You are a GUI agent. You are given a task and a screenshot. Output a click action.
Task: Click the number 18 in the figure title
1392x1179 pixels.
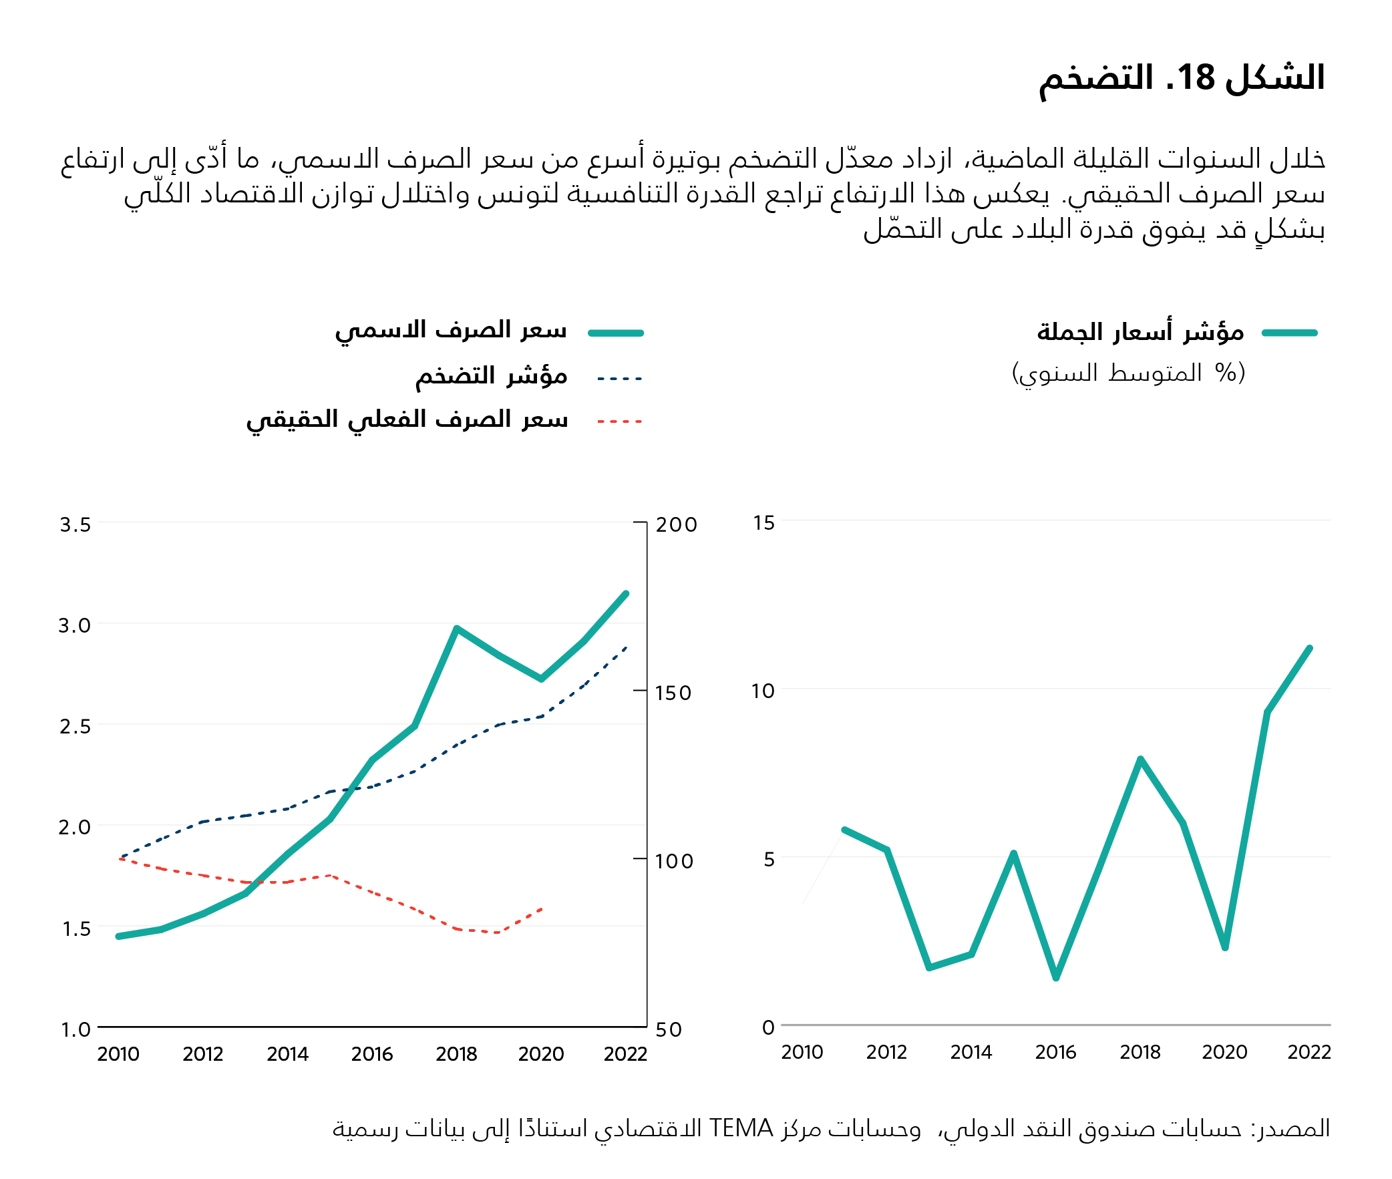coord(1196,78)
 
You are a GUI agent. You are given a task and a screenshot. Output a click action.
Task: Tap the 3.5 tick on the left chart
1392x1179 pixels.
coord(75,524)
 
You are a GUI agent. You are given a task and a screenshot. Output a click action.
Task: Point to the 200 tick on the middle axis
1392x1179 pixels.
coord(675,524)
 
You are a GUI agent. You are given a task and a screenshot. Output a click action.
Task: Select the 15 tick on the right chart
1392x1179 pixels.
coord(763,522)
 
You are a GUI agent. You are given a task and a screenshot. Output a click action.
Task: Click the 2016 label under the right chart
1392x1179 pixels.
coord(1055,1052)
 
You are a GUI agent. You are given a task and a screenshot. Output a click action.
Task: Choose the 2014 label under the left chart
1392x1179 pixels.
coord(287,1054)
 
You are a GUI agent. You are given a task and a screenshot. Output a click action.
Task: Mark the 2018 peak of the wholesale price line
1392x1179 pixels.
coord(1140,760)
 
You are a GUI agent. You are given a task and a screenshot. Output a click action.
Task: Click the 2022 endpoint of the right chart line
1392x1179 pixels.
coord(1309,649)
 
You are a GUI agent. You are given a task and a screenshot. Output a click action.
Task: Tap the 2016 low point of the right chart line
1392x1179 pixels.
coord(1056,978)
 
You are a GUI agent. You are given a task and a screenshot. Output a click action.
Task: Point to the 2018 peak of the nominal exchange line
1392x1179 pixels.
coord(456,629)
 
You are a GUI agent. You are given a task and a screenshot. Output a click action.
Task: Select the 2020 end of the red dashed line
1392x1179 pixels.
coord(541,909)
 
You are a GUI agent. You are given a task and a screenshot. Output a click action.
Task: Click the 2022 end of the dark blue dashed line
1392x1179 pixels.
coord(626,647)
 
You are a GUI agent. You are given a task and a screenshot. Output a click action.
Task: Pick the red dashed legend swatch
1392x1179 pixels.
coord(619,421)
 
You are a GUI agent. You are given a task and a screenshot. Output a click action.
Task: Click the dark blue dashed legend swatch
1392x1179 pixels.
coord(619,378)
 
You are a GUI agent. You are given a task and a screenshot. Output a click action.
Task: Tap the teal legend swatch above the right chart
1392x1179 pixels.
coord(1289,332)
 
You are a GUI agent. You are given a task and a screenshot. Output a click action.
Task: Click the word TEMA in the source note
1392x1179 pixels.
coord(741,1129)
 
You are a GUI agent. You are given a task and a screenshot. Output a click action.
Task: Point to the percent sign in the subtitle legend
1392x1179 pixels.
coord(1226,372)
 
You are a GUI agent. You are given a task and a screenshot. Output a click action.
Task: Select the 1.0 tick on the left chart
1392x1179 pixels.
coord(75,1029)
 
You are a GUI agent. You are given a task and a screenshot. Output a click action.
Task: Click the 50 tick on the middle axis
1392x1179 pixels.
coord(668,1029)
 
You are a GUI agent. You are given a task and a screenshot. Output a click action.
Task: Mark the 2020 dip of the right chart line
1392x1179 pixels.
coord(1225,947)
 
